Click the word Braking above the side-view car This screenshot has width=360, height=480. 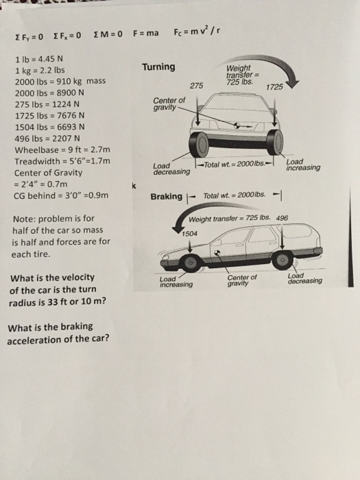click(167, 197)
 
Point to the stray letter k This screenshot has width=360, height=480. click(135, 184)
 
